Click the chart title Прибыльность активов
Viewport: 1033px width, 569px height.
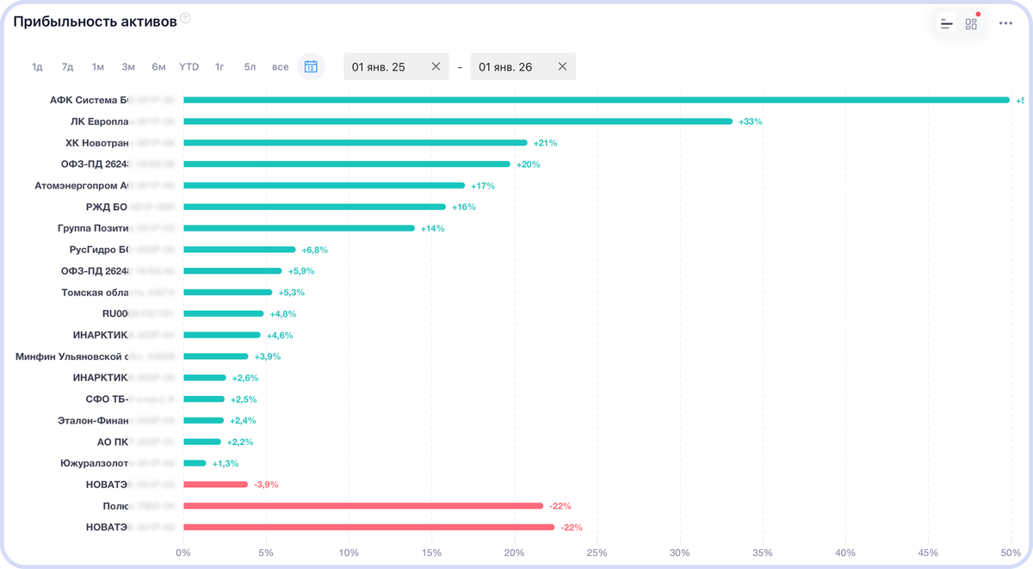[x=95, y=21]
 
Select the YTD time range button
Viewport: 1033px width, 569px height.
[x=189, y=66]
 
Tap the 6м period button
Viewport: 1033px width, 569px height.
[x=158, y=66]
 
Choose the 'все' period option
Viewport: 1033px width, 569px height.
[x=280, y=66]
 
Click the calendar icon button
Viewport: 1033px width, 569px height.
[x=311, y=66]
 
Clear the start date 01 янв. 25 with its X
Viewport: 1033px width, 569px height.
[x=436, y=66]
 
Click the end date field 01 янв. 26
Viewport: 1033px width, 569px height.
[x=507, y=66]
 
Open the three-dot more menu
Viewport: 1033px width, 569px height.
[x=1005, y=23]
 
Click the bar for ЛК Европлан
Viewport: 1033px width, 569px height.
[x=457, y=121]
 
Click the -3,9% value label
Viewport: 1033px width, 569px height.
[x=267, y=485]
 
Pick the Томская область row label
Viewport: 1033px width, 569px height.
[x=95, y=293]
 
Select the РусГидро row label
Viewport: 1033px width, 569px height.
[x=98, y=250]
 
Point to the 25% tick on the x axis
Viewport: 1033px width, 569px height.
[x=597, y=552]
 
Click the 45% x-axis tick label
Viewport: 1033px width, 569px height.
[x=928, y=552]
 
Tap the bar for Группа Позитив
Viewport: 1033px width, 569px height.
[x=299, y=228]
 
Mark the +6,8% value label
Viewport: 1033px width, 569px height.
[x=314, y=250]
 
